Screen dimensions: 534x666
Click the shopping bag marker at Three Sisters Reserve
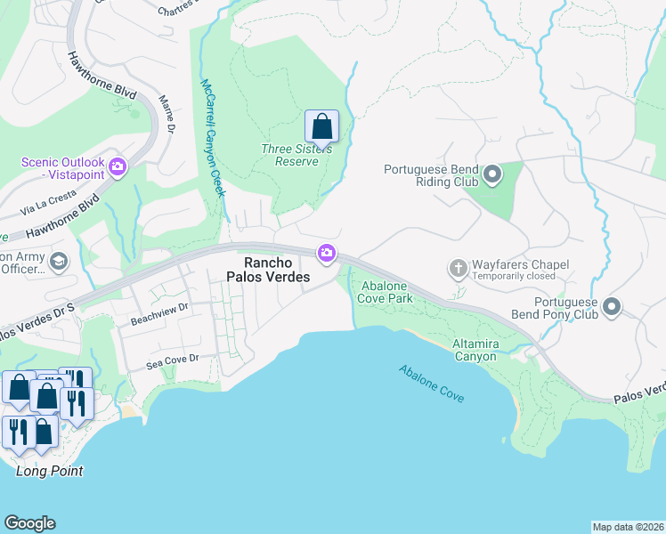click(x=321, y=126)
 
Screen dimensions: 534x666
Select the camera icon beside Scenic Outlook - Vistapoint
click(x=118, y=166)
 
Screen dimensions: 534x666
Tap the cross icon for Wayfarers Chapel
click(x=459, y=268)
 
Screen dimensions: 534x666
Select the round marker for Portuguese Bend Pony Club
click(x=612, y=307)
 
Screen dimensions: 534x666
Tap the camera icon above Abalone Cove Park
click(x=327, y=255)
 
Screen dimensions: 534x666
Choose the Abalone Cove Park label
click(x=385, y=293)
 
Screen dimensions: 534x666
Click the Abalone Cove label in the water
click(x=431, y=384)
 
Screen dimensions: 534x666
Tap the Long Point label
click(x=50, y=471)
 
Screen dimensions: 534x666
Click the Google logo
click(x=29, y=523)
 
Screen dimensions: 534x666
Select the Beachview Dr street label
click(x=160, y=309)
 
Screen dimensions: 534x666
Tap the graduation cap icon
click(x=59, y=261)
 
